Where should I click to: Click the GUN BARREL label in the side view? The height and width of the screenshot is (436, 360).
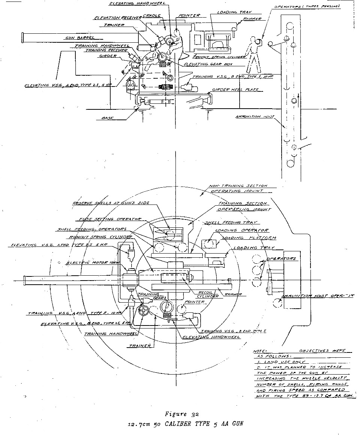(x=79, y=38)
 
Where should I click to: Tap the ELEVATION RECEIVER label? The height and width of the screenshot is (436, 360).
(x=117, y=18)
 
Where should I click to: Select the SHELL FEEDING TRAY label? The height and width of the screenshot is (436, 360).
(x=236, y=222)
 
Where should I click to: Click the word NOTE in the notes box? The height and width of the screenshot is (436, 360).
(x=260, y=351)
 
